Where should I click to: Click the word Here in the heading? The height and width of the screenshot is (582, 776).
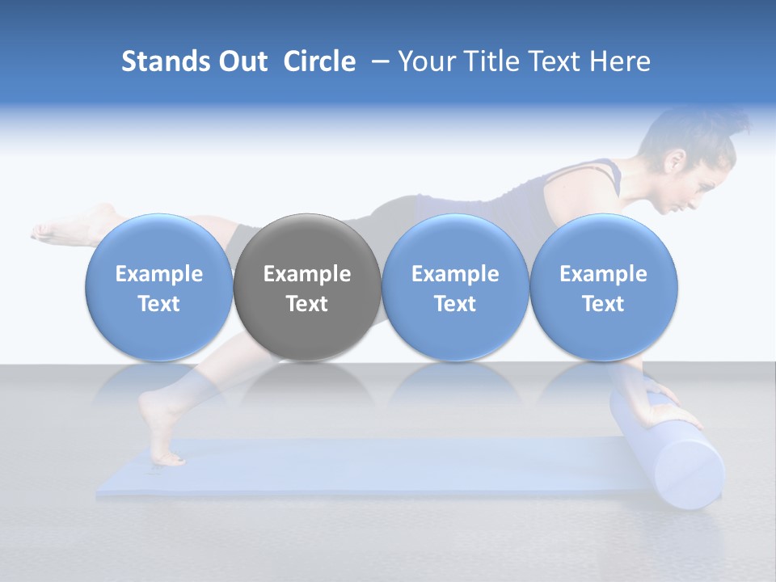coord(619,61)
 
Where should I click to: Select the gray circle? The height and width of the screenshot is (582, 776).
coord(307,288)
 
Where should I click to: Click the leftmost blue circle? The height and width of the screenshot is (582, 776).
coord(159,288)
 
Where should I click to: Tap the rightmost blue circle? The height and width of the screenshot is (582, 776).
coord(603,288)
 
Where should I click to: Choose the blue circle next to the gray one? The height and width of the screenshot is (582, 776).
coord(455,288)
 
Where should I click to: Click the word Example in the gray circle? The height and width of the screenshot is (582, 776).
coord(307,274)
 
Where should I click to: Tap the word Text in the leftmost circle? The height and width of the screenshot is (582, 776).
coord(159,304)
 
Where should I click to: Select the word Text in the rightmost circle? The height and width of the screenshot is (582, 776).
coord(603,304)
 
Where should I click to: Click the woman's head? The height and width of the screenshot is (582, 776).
coord(687,162)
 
